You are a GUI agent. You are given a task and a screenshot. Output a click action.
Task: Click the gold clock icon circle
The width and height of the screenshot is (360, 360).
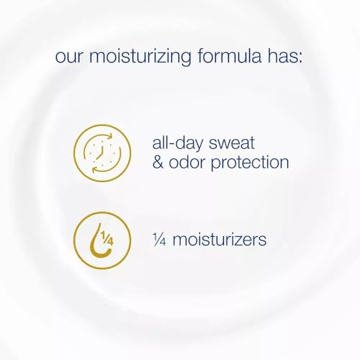73,153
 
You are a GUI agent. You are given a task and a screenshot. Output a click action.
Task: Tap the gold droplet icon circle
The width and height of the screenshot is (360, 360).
73,240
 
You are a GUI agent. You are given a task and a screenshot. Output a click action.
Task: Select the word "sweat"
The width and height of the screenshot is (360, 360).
231,143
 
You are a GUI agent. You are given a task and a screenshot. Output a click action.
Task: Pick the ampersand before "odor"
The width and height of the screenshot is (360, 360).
158,162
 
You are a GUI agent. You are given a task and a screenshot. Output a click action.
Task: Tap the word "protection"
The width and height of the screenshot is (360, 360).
250,163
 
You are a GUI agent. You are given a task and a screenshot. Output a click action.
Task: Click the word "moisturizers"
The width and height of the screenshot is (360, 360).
220,240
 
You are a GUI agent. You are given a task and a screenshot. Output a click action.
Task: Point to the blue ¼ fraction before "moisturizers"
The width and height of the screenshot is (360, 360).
159,240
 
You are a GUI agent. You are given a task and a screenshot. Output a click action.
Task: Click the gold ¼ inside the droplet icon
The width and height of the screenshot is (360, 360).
107,238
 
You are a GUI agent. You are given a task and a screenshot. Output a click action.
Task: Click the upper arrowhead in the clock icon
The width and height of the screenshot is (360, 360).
109,136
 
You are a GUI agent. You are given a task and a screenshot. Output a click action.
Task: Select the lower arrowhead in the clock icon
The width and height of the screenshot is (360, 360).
94,169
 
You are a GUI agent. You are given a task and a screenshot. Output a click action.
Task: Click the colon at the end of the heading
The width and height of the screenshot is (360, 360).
300,57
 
